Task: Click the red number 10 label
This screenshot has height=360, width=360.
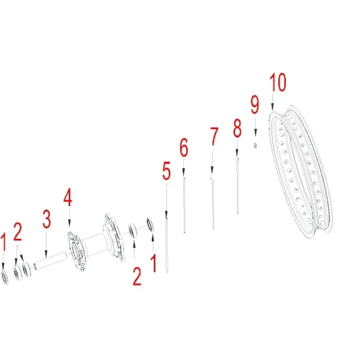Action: [278, 82]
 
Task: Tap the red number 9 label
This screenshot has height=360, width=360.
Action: [255, 105]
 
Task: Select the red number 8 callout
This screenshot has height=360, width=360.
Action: [237, 128]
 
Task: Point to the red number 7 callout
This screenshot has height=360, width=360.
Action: [214, 137]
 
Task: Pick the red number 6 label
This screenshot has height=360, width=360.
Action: [184, 147]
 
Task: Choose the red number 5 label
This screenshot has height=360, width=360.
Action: [166, 171]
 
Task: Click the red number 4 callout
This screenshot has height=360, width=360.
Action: [67, 197]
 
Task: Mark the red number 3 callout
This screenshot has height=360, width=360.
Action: [46, 219]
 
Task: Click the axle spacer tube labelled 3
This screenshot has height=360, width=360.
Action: [50, 261]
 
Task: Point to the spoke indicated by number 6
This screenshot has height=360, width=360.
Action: [184, 205]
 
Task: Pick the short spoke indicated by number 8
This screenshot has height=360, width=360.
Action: [238, 185]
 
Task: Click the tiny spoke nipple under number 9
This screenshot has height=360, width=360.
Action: [255, 145]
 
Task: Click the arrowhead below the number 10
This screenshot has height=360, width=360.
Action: [272, 107]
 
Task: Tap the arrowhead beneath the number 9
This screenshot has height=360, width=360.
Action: [255, 133]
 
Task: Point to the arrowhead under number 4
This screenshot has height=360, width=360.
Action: [69, 223]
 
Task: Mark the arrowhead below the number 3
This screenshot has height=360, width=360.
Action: [46, 255]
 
